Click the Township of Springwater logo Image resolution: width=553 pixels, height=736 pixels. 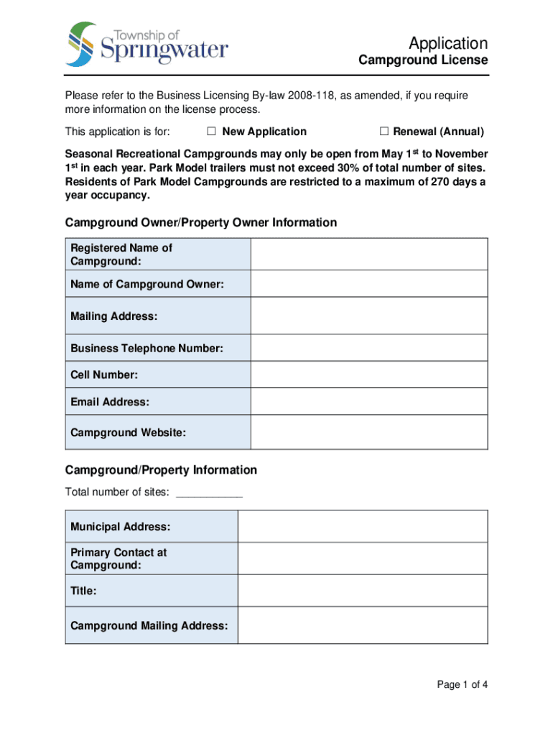click(147, 45)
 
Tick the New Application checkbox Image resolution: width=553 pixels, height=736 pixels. click(212, 132)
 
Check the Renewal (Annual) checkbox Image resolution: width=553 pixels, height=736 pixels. click(384, 132)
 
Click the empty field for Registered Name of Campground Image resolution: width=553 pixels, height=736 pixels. click(369, 254)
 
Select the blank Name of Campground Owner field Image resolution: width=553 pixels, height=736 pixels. click(369, 284)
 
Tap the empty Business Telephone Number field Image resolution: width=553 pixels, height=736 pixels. click(369, 348)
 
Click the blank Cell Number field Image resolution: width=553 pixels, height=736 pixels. click(369, 374)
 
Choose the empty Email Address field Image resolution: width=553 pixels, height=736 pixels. click(369, 402)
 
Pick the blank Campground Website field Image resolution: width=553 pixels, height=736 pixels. click(369, 433)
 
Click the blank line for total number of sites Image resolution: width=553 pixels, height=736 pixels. click(209, 493)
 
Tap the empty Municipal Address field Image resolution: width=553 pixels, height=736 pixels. click(363, 527)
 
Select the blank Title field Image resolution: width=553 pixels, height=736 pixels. click(363, 591)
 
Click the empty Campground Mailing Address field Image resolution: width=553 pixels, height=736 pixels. click(363, 625)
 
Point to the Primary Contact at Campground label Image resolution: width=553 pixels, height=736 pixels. click(118, 559)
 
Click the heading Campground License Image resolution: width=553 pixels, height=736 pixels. click(423, 60)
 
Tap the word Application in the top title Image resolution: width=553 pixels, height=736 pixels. click(447, 43)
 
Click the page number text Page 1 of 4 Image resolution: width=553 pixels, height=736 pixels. click(463, 684)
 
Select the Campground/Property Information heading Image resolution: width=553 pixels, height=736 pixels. click(161, 470)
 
